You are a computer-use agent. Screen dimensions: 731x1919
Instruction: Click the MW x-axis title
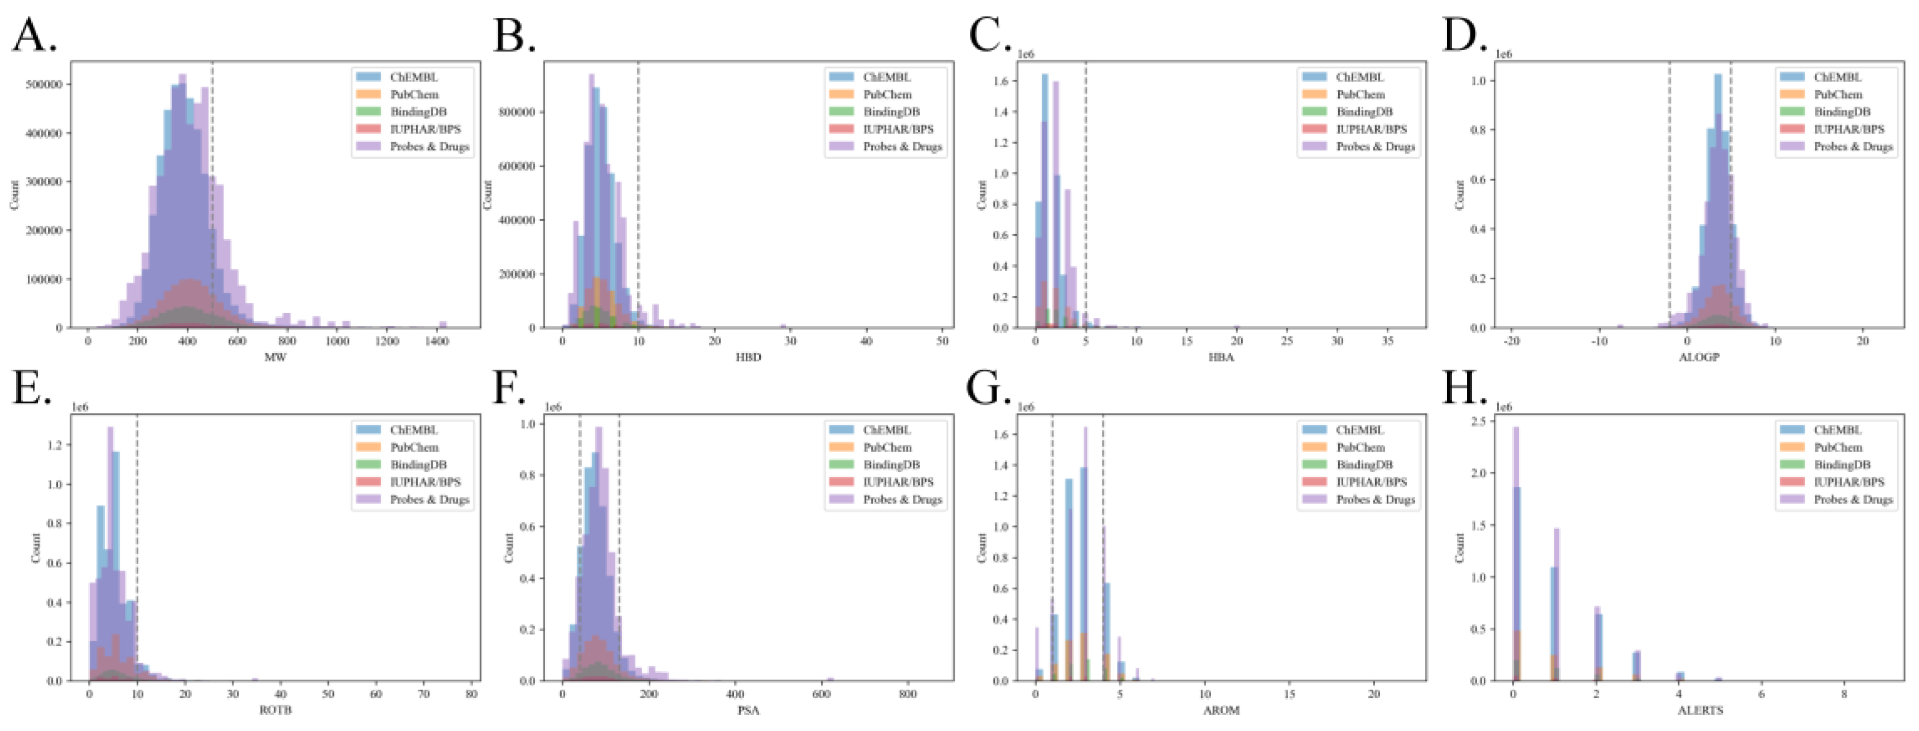[275, 357]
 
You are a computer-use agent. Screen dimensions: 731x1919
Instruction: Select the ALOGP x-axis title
[1699, 357]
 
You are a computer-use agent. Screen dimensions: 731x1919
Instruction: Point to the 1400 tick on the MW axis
[436, 341]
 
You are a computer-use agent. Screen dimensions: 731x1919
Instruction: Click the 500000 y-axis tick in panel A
[43, 84]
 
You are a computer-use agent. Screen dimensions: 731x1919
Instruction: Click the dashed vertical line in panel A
[212, 193]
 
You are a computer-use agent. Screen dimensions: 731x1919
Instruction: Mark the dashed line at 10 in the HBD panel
[638, 193]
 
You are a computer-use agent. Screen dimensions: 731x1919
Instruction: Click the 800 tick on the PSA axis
[907, 694]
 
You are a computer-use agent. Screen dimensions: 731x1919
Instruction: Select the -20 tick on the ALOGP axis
[1511, 341]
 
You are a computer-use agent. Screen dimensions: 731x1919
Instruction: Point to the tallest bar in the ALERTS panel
[1515, 551]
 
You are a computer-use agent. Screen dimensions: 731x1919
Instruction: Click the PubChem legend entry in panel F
[887, 447]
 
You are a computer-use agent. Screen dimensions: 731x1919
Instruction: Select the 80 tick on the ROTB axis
[472, 694]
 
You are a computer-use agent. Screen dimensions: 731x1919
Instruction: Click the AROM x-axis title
[1221, 710]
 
